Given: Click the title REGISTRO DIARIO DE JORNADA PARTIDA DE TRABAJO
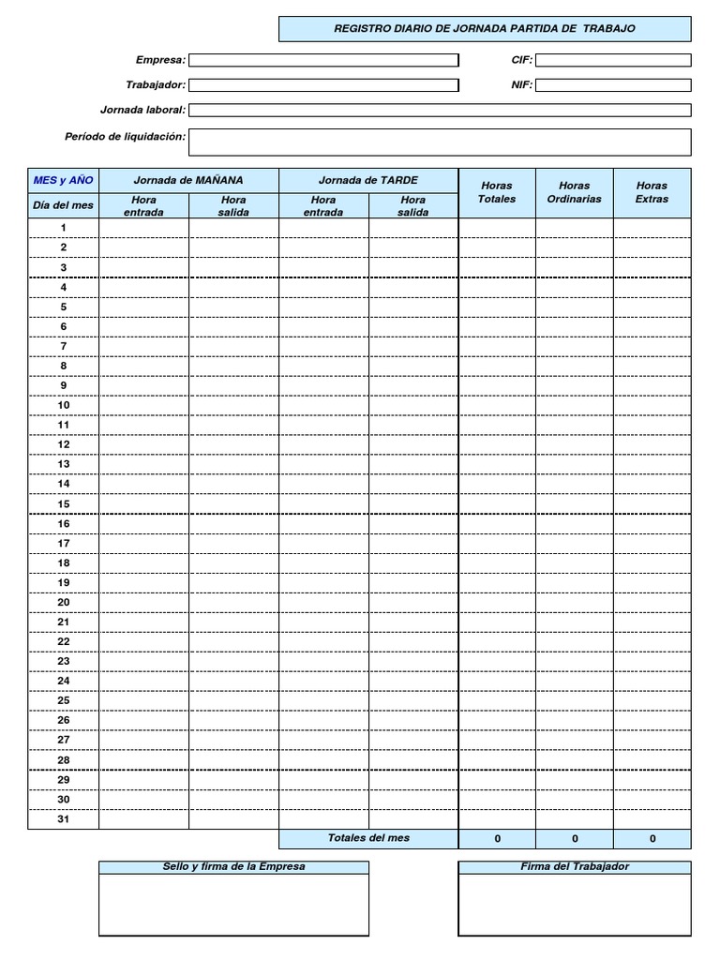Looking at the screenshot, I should click(485, 29).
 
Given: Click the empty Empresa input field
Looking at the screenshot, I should click(323, 61).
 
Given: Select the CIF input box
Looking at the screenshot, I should click(613, 61).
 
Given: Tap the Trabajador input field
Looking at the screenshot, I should click(323, 85).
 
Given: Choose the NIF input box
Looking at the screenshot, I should click(613, 85).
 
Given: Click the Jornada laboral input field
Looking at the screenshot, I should click(440, 110).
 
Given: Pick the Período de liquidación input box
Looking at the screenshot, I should click(440, 142).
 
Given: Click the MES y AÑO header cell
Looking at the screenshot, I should click(64, 180).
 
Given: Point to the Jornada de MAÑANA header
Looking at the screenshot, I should click(188, 180).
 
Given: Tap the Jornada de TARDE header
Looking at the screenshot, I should click(368, 180).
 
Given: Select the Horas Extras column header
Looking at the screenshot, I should click(652, 192).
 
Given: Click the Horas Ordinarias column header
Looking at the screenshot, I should click(574, 192).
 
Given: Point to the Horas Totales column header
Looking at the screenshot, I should click(497, 192).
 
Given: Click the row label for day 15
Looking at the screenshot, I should click(64, 503).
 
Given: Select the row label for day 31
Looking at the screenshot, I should click(64, 819).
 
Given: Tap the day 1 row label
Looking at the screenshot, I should click(64, 228).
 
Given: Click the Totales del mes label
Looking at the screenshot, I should click(368, 838).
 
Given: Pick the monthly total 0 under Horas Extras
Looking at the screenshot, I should click(652, 839).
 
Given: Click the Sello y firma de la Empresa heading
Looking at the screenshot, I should click(233, 867).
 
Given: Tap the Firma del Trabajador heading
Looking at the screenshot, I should click(575, 867).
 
